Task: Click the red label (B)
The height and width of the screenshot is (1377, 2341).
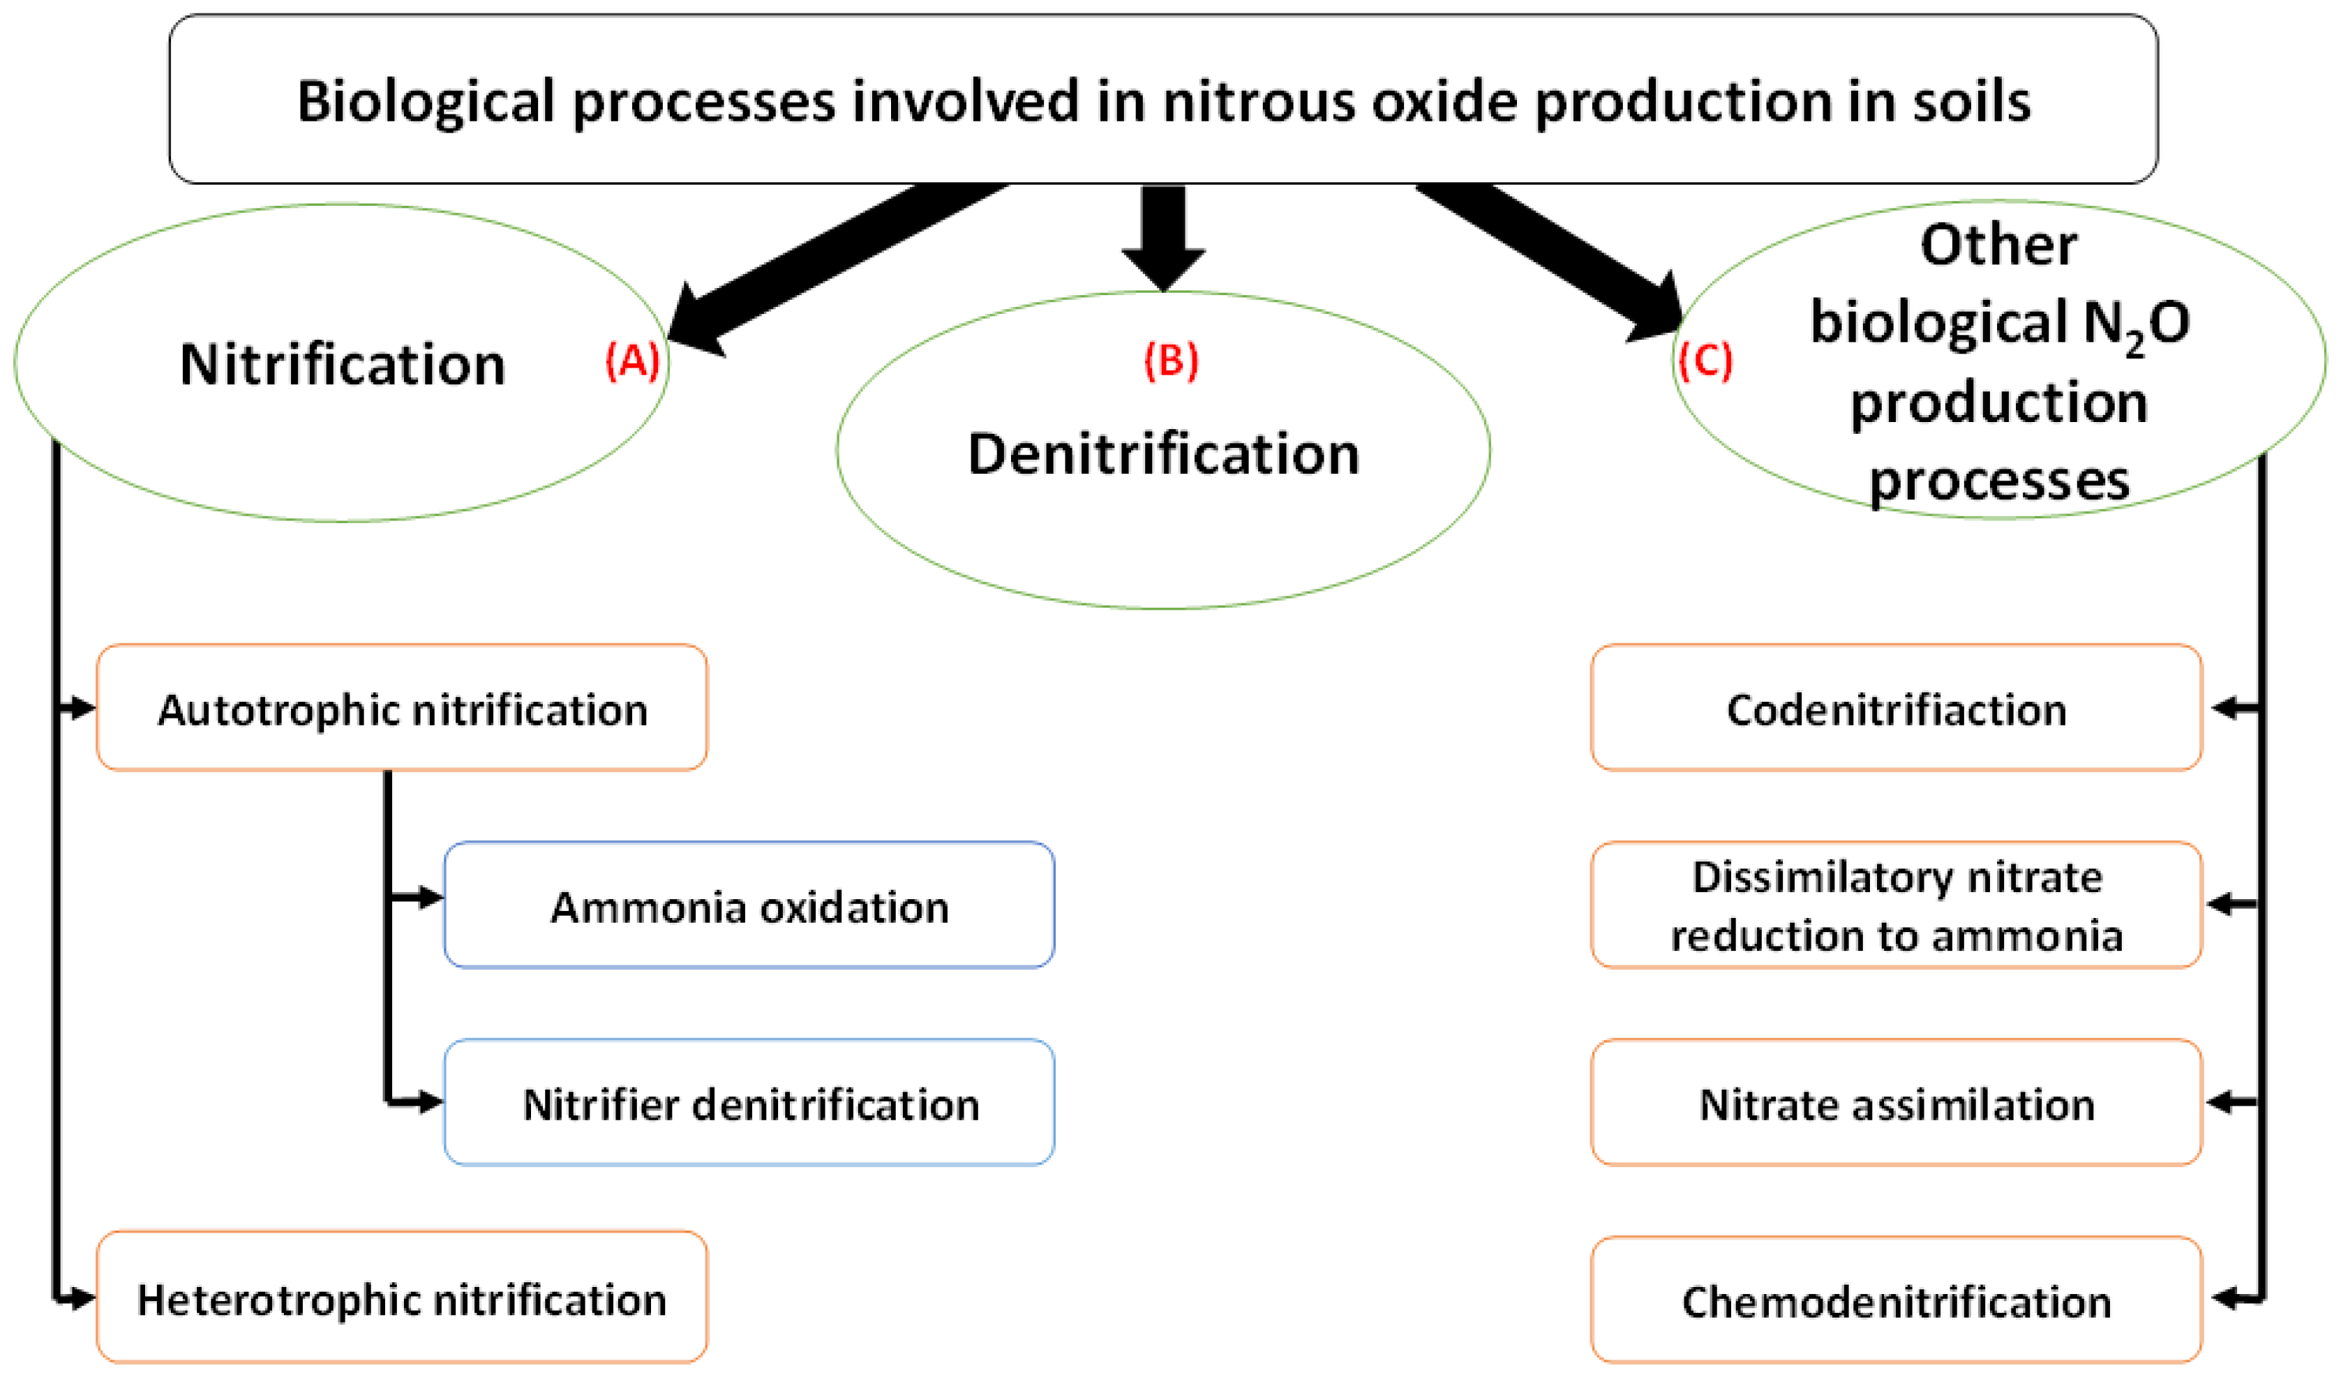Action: coord(1171,360)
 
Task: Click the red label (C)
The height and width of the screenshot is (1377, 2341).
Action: coord(1705,360)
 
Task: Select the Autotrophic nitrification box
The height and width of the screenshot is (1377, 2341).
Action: coord(402,709)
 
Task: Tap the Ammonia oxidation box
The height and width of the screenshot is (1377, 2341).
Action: coord(749,905)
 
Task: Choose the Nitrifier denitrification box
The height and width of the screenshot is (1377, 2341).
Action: coord(749,1103)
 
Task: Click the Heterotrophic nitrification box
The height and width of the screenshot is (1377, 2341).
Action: coord(402,1299)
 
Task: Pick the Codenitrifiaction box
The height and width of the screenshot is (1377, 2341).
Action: coord(1895,709)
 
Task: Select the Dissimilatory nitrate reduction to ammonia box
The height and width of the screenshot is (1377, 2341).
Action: coord(1895,905)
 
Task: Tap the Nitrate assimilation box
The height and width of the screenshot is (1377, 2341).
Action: coord(1895,1103)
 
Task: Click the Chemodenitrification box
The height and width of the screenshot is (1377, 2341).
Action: coord(1895,1301)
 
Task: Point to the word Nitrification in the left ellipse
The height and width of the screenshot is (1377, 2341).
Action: coord(343,364)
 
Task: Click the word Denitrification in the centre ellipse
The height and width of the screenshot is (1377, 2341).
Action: coord(1163,454)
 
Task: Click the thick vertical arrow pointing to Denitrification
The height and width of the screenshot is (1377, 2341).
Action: coord(1163,236)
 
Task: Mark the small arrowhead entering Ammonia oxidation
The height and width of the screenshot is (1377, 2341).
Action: coord(429,897)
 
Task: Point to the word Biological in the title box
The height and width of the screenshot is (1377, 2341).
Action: coord(426,101)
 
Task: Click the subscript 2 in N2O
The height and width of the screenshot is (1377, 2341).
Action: coord(2134,346)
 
